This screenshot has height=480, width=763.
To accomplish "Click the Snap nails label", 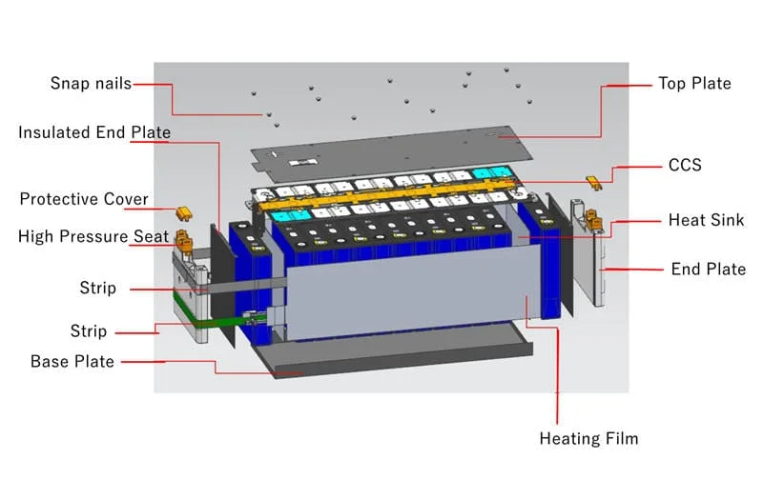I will pos(91,83).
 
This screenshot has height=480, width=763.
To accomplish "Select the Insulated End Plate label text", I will pos(93,132).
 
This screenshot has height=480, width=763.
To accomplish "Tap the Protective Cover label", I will pos(84,199).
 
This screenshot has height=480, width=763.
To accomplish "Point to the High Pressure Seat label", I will pos(93,236).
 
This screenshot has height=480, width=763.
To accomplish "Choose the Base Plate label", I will pos(72,362).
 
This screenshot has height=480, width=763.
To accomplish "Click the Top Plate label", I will pos(694,84).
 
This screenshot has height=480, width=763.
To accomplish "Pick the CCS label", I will pos(684,165).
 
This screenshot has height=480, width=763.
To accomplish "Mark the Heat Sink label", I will pos(706,220).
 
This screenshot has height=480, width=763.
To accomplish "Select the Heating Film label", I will pos(588,439).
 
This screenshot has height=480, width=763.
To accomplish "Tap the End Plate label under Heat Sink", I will pos(709,270).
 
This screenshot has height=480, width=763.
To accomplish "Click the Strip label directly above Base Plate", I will pos(89,331).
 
